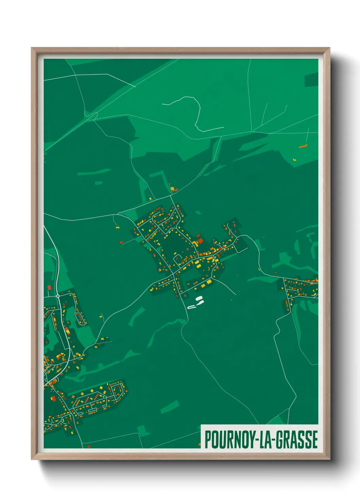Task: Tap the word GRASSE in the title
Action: pyautogui.click(x=297, y=439)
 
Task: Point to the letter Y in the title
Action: pyautogui.click(x=251, y=439)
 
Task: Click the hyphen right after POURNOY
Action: pyautogui.click(x=257, y=440)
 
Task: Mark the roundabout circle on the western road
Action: pyautogui.click(x=58, y=296)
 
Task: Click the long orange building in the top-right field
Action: pyautogui.click(x=303, y=146)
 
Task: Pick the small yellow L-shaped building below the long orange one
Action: pyautogui.click(x=295, y=159)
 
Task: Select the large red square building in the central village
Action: pyautogui.click(x=200, y=241)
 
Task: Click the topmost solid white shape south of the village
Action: pyautogui.click(x=199, y=298)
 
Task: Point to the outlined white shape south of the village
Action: pyautogui.click(x=192, y=307)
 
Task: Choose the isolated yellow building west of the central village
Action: pyautogui.click(x=118, y=227)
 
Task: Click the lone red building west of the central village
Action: pyautogui.click(x=121, y=242)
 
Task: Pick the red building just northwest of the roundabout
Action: pyautogui.click(x=49, y=287)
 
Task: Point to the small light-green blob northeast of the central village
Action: pyautogui.click(x=198, y=213)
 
